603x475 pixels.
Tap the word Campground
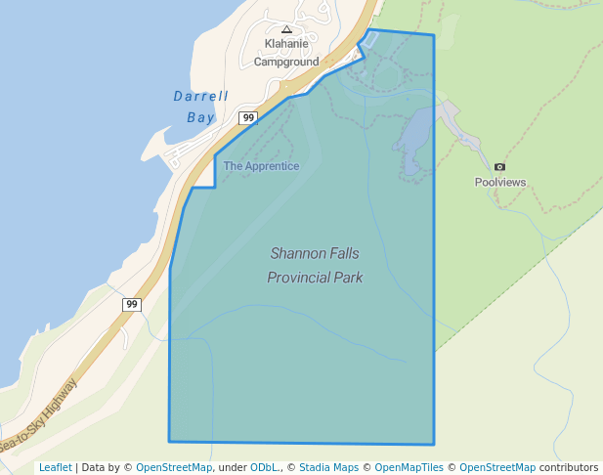(286, 62)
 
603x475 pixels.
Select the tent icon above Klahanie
(286, 30)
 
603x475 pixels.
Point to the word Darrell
(200, 97)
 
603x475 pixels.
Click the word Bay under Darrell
(200, 117)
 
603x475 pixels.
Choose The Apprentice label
(261, 166)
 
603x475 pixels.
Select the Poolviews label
(500, 182)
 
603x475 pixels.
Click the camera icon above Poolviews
(500, 167)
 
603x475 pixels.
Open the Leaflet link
(56, 467)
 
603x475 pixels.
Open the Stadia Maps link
(329, 467)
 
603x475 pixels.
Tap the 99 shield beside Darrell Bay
(248, 118)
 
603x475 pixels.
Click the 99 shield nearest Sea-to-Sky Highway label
(132, 305)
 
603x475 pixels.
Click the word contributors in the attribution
(569, 467)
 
